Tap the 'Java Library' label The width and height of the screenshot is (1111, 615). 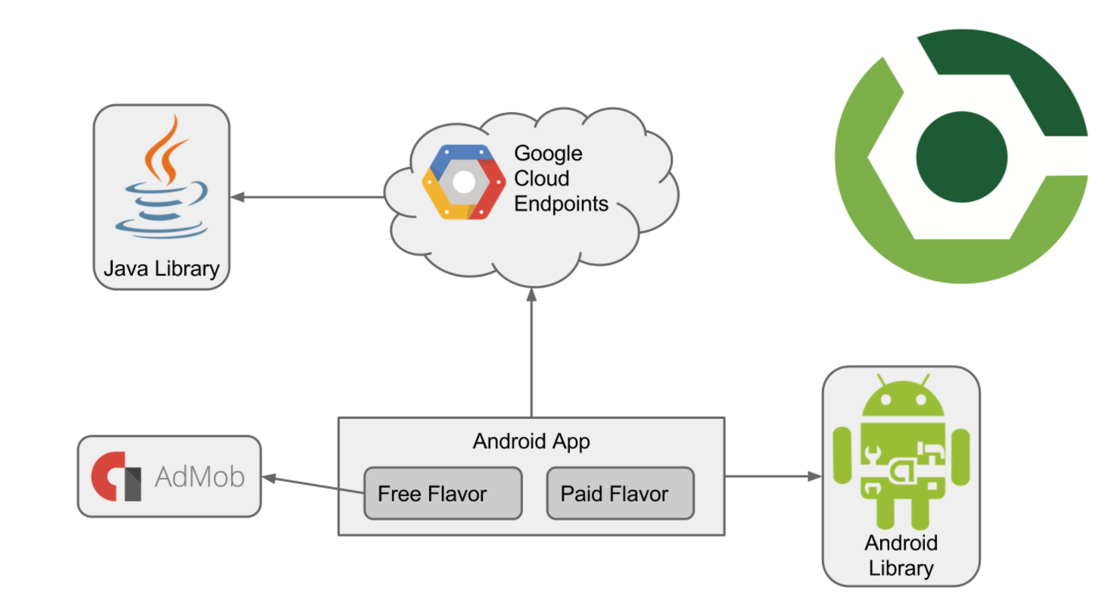[x=161, y=268]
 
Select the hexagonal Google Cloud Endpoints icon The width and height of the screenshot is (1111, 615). [x=463, y=182]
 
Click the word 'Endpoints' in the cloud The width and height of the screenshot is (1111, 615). [x=561, y=203]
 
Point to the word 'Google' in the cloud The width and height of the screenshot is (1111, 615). [x=548, y=153]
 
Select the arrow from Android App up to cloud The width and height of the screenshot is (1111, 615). [x=532, y=356]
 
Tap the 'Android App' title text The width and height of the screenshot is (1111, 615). [x=531, y=441]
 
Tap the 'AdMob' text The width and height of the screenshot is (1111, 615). [x=200, y=477]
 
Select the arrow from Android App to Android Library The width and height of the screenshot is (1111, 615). [x=772, y=476]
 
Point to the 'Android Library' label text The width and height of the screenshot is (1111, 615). [x=901, y=555]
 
